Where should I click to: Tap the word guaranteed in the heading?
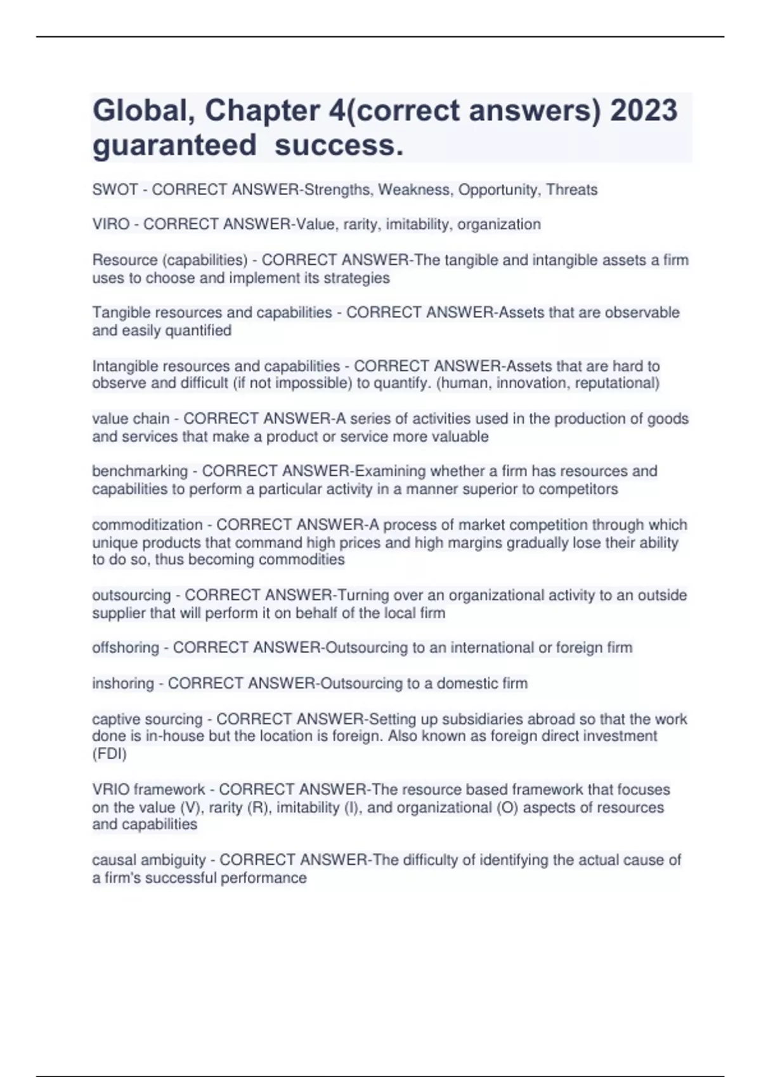click(x=174, y=145)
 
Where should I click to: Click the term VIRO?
click(x=111, y=224)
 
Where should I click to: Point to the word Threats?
click(x=571, y=189)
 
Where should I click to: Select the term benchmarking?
click(x=140, y=471)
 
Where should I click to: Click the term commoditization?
click(x=147, y=525)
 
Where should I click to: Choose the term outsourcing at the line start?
click(x=131, y=595)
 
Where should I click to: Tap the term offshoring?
click(x=126, y=647)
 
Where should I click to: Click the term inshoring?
click(x=123, y=683)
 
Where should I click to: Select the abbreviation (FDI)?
click(x=109, y=754)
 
